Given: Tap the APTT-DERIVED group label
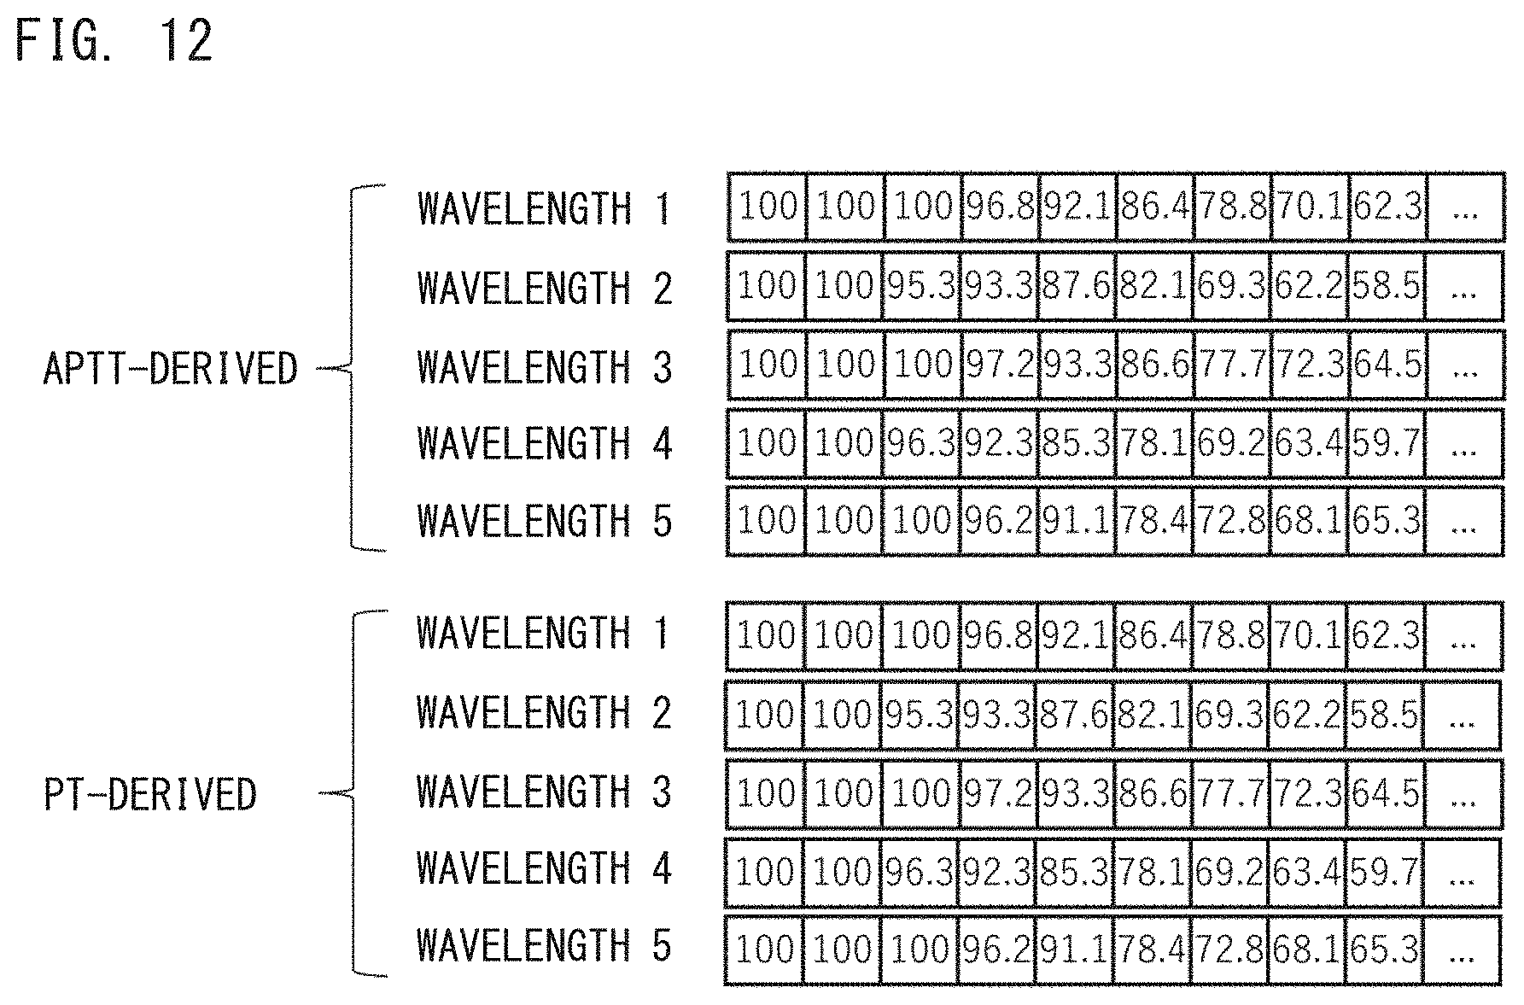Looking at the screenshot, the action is [x=170, y=369].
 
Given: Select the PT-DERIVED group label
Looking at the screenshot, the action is [x=149, y=794].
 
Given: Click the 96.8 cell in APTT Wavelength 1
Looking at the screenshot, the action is [x=1000, y=207].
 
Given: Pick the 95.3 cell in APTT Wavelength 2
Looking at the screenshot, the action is [x=922, y=286].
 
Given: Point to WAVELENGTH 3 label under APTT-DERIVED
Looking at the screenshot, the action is [x=544, y=367].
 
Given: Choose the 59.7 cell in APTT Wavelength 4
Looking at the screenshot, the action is [x=1387, y=443].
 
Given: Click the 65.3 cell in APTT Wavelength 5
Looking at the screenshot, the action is [x=1387, y=520].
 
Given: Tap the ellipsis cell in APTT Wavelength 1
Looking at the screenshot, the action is [x=1464, y=207].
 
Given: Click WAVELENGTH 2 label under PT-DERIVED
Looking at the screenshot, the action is [x=544, y=712].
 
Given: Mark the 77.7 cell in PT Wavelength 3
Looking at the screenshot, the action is [x=1229, y=793].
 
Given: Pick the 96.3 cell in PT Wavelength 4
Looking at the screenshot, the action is [x=920, y=872].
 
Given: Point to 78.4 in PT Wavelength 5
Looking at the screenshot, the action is [x=1153, y=949].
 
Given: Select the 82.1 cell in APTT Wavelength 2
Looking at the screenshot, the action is [x=1154, y=286].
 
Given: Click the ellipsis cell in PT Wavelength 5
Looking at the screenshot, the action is [x=1462, y=949].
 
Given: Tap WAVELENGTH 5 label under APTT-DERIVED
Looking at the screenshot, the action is [x=544, y=521].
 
